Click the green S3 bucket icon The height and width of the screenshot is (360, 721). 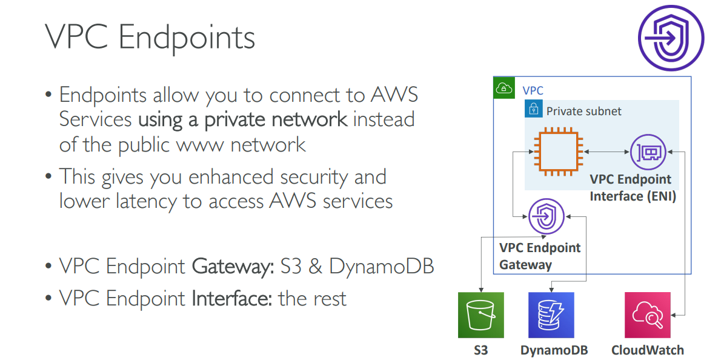480,315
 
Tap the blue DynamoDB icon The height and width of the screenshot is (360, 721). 551,315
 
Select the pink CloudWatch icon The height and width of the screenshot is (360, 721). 647,315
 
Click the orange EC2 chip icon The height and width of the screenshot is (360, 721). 557,151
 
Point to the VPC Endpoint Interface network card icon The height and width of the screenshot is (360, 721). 648,152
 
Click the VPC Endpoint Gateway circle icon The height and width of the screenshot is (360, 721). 546,216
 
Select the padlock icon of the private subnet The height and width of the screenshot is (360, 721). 533,110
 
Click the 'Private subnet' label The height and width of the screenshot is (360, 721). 583,111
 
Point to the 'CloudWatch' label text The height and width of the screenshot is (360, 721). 647,350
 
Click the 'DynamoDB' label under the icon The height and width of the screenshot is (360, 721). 554,350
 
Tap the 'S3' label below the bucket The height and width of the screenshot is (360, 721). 480,350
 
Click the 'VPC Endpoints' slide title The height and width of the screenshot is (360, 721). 150,38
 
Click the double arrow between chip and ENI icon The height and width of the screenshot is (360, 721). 606,152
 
